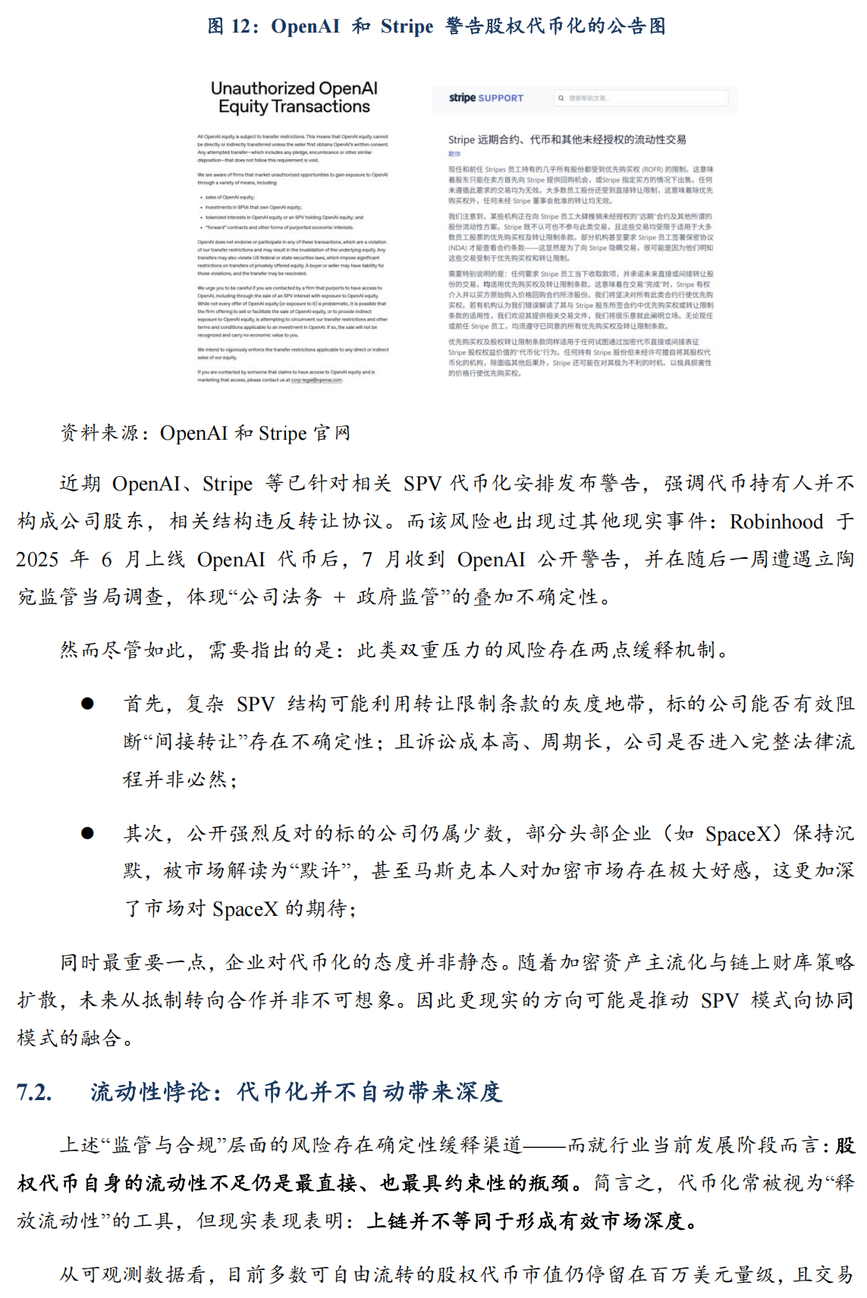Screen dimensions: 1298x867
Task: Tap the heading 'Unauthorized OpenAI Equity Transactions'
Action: pyautogui.click(x=294, y=98)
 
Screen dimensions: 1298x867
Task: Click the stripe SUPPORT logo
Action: pyautogui.click(x=485, y=98)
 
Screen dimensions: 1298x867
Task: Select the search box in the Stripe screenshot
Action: pyautogui.click(x=642, y=98)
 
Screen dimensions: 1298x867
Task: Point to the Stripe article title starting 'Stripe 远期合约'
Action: pyautogui.click(x=567, y=140)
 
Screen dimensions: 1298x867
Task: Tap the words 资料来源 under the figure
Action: pyautogui.click(x=99, y=433)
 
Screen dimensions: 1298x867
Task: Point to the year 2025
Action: pyautogui.click(x=37, y=560)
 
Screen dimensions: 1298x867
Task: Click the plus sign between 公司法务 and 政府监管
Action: pyautogui.click(x=339, y=597)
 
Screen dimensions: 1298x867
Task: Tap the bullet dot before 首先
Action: pyautogui.click(x=88, y=704)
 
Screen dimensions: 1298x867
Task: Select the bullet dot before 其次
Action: pyautogui.click(x=88, y=833)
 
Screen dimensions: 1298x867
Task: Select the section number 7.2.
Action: pyautogui.click(x=35, y=1092)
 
